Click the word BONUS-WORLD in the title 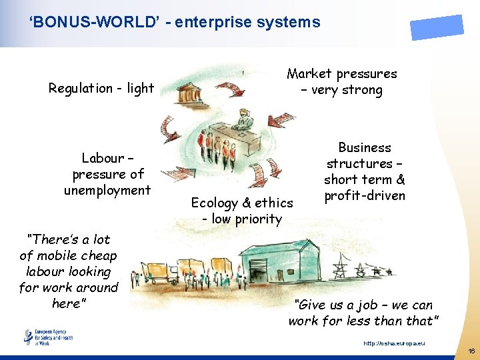[81, 22]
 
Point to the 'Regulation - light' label [101, 88]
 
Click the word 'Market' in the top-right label [309, 74]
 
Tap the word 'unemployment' [107, 190]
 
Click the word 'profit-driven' [365, 195]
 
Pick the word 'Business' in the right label [365, 147]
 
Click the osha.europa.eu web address [393, 343]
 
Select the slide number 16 [471, 351]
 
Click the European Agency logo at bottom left [48, 337]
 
